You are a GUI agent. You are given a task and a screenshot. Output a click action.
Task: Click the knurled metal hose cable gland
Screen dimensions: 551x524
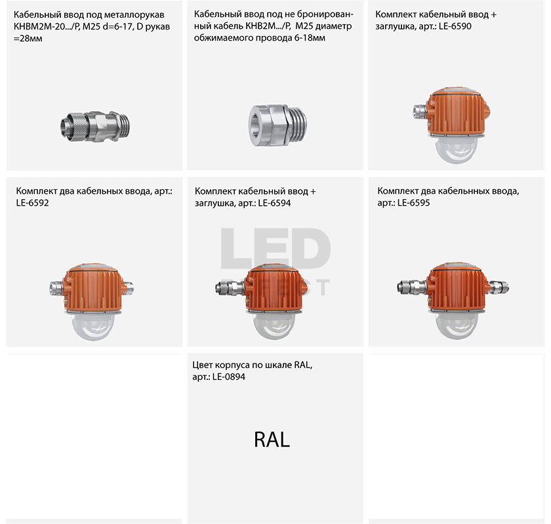[95, 126]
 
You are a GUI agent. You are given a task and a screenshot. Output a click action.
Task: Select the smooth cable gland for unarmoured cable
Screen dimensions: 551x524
[277, 124]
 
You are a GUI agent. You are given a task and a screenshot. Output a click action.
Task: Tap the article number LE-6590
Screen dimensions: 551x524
[455, 26]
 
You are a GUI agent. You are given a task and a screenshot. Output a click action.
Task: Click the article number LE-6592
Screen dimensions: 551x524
[32, 203]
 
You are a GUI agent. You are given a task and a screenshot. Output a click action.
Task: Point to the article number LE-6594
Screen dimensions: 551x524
[274, 203]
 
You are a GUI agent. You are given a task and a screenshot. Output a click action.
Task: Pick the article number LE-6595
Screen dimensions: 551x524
[413, 203]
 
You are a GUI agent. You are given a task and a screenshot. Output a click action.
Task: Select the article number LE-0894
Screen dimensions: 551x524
[229, 377]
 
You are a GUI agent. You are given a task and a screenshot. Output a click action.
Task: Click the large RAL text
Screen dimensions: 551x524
[272, 440]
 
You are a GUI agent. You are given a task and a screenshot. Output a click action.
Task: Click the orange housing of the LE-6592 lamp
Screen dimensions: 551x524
[93, 288]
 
